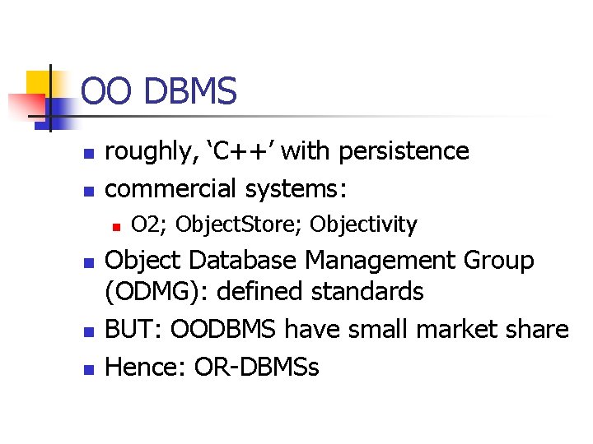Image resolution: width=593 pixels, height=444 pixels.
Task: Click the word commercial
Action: tap(171, 189)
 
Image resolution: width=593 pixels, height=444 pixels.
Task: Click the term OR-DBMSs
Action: tap(256, 368)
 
